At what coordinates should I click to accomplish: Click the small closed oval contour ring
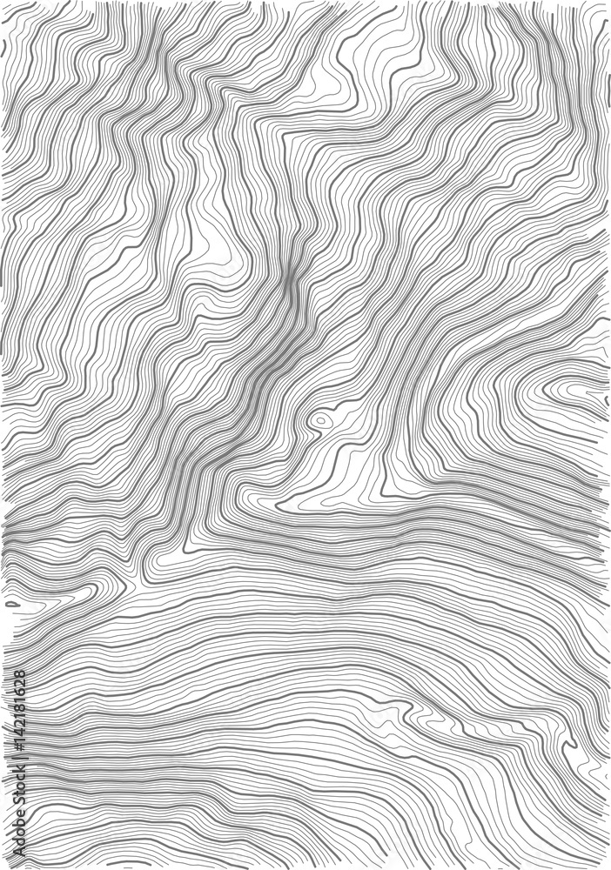321,421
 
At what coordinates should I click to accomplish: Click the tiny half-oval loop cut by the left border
11,602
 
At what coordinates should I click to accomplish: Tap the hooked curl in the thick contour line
570,742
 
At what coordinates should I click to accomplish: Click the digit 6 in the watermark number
19,693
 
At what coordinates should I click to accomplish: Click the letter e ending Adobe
19,816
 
